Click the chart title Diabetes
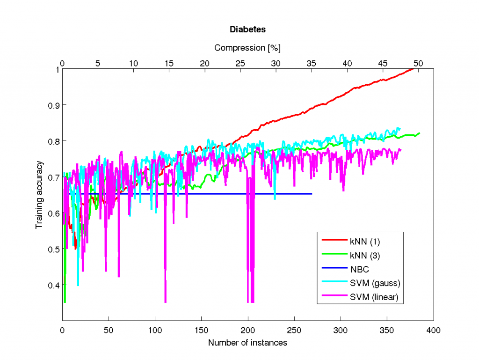pyautogui.click(x=247, y=29)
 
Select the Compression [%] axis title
pyautogui.click(x=247, y=48)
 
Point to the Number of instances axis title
pyautogui.click(x=247, y=343)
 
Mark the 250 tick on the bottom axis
pyautogui.click(x=294, y=330)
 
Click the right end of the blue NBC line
pyautogui.click(x=312, y=194)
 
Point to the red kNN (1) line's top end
pyautogui.click(x=414, y=68)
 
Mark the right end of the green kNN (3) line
pyautogui.click(x=420, y=133)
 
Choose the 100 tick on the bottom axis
pyautogui.click(x=155, y=330)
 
